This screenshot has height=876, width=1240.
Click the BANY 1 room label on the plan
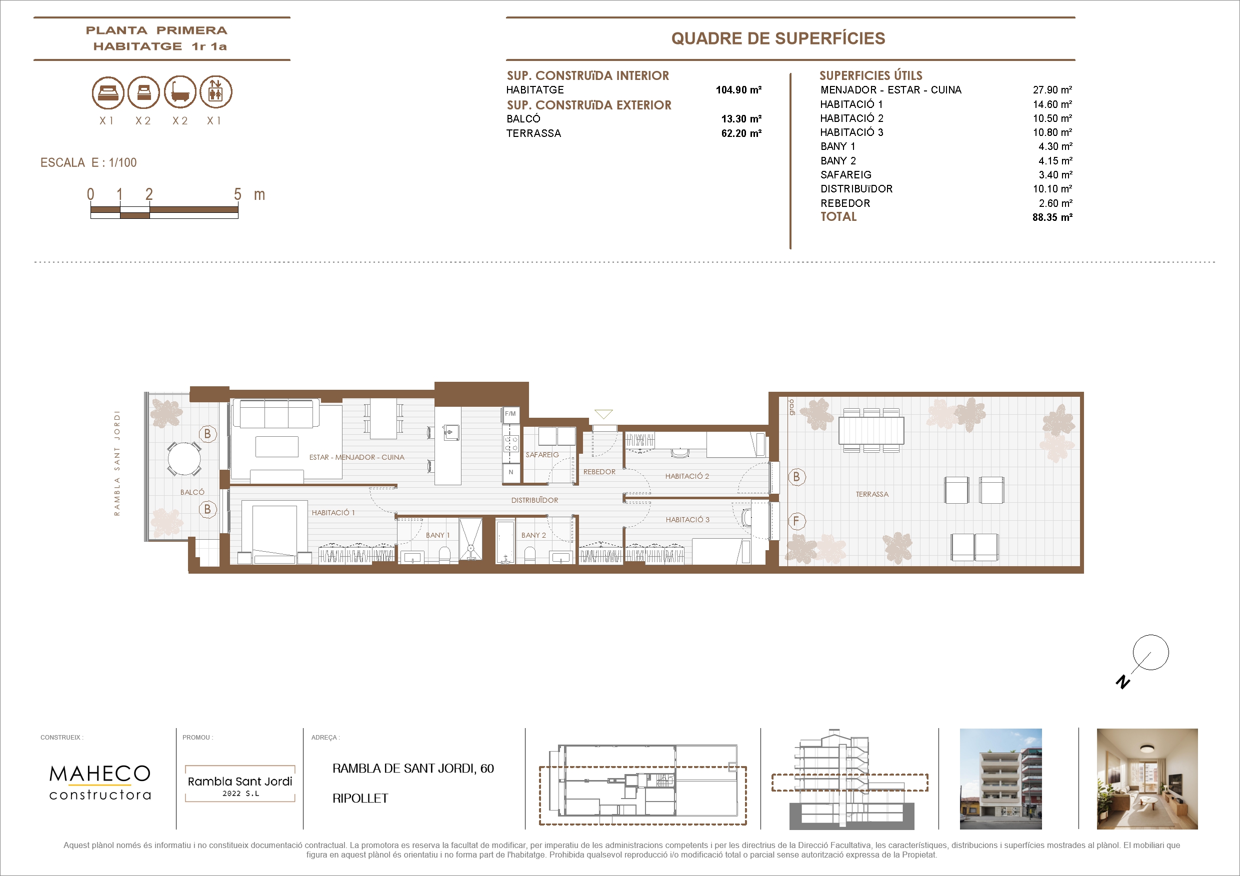click(x=437, y=535)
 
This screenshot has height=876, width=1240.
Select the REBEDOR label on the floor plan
click(x=599, y=472)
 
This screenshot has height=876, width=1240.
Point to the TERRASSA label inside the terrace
click(x=871, y=494)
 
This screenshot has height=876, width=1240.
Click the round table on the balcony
click(x=184, y=459)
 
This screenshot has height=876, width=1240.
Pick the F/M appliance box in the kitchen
click(x=510, y=414)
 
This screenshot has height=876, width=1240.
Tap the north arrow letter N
click(x=1123, y=682)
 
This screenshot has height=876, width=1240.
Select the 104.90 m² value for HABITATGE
click(x=738, y=89)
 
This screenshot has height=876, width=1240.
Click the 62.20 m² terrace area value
click(x=741, y=133)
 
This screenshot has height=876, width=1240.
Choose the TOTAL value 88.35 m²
click(x=1052, y=217)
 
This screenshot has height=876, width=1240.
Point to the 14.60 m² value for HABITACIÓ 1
click(x=1052, y=104)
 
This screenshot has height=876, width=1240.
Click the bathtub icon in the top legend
click(x=180, y=92)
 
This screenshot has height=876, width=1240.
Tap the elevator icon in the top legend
click(x=216, y=92)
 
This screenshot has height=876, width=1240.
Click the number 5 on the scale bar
click(x=237, y=194)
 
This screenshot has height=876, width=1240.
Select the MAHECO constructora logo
click(x=100, y=782)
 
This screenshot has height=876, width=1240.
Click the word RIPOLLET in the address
click(x=360, y=798)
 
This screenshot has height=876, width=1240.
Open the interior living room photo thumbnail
click(x=1147, y=779)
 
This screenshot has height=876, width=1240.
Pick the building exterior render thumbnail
click(x=1000, y=779)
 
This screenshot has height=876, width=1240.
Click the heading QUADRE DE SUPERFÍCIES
click(x=778, y=38)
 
